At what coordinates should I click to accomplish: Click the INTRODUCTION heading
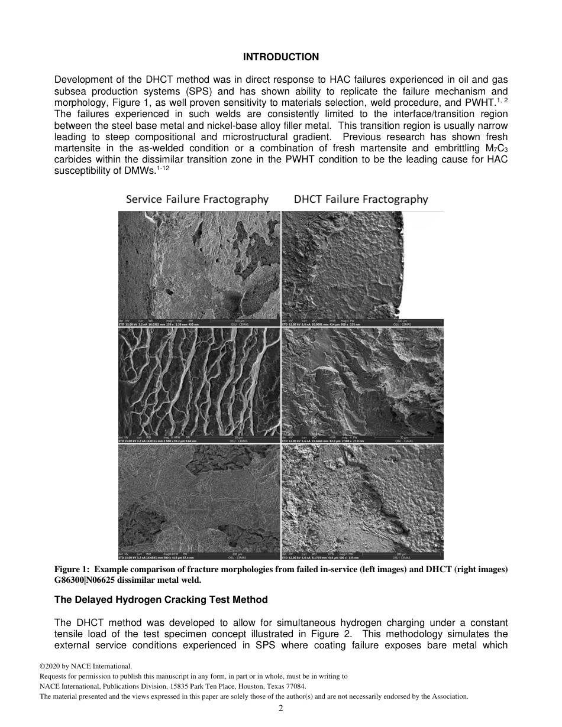tap(281, 57)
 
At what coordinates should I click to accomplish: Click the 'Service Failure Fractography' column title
tap(197, 199)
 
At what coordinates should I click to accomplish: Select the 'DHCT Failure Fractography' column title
tap(361, 199)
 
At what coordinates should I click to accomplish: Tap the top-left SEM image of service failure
tap(199, 265)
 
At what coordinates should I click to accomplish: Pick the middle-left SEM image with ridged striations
tap(199, 382)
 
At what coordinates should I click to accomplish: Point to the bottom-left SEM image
tap(199, 498)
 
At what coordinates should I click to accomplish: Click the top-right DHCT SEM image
tap(362, 265)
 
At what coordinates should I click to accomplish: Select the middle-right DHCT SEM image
tap(362, 382)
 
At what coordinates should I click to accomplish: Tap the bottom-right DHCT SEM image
tap(362, 498)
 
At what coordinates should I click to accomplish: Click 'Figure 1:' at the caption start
tap(71, 569)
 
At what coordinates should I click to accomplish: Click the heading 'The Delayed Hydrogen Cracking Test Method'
tap(161, 599)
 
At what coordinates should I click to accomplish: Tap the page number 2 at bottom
tap(281, 709)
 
